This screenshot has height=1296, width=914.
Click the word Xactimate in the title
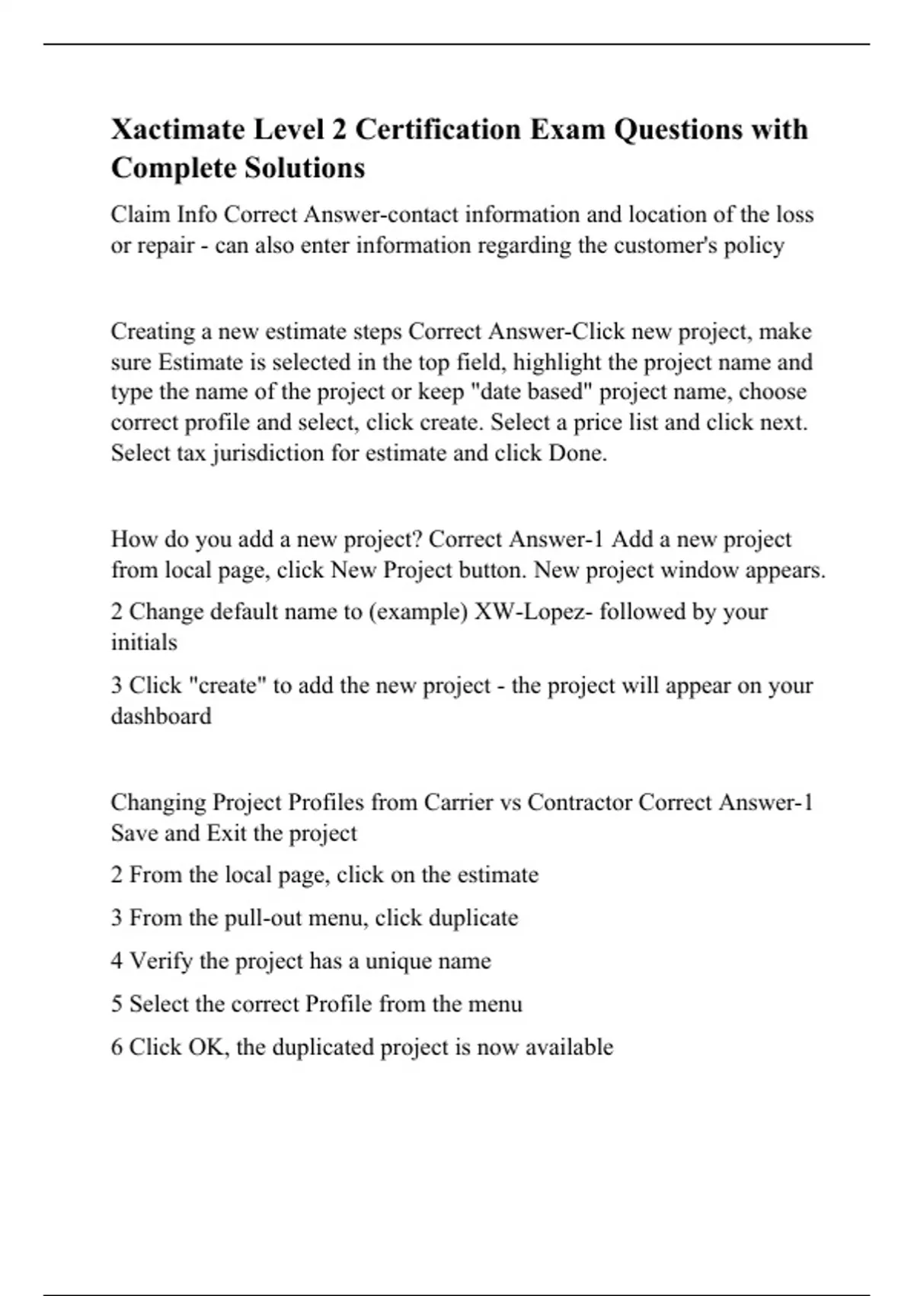click(177, 130)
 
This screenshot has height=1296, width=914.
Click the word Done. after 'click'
click(577, 454)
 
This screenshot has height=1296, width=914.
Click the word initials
click(144, 643)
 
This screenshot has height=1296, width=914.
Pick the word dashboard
click(161, 717)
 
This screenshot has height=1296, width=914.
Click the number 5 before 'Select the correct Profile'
click(117, 1004)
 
